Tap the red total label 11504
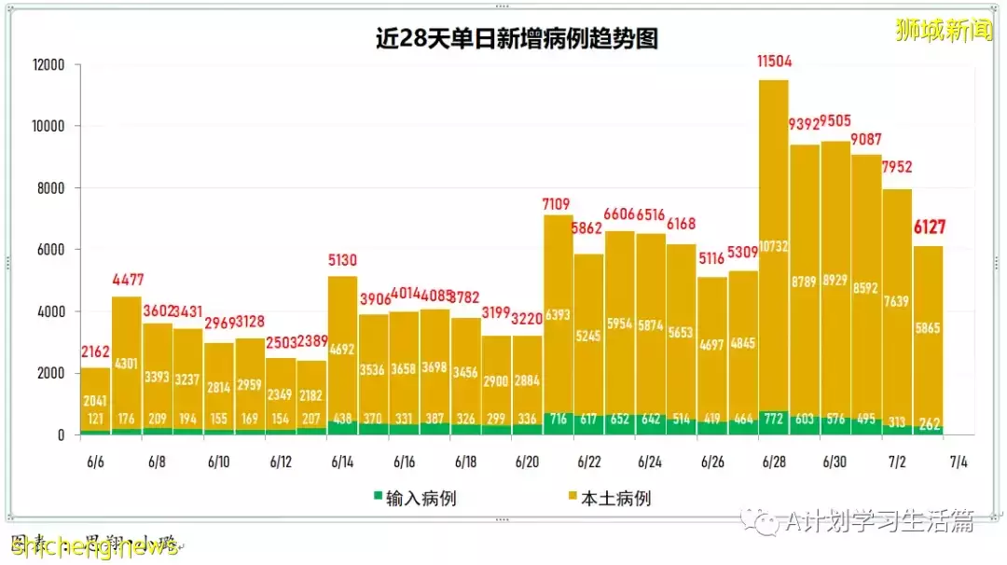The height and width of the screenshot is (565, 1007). (x=772, y=63)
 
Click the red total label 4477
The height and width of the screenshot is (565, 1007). (x=127, y=280)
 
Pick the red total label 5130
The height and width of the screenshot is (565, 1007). (x=342, y=260)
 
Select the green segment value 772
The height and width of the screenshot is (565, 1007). (x=774, y=420)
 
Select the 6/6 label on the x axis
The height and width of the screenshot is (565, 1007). (x=96, y=462)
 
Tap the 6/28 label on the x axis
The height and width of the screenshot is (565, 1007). (x=774, y=462)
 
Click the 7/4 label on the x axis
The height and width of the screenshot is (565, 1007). (x=959, y=462)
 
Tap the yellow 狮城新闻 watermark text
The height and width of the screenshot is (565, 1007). (x=944, y=30)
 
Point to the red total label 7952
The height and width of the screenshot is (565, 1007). (x=896, y=168)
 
